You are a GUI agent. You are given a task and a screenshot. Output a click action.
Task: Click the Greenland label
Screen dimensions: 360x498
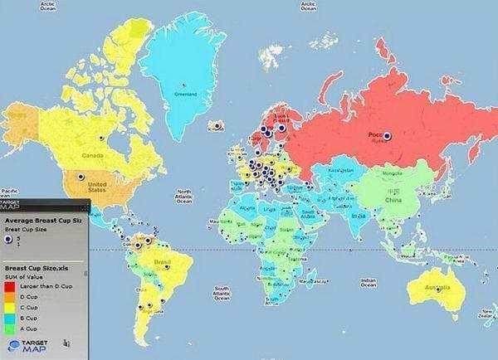pos(185,94)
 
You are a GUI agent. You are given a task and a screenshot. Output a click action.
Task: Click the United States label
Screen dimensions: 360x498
pos(97,186)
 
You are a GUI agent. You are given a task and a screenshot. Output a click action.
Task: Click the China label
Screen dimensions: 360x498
pos(393,199)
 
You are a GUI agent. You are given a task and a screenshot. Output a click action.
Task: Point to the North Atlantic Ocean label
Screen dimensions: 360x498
pos(183,197)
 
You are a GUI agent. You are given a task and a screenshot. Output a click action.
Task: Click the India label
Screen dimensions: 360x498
pos(359,216)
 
